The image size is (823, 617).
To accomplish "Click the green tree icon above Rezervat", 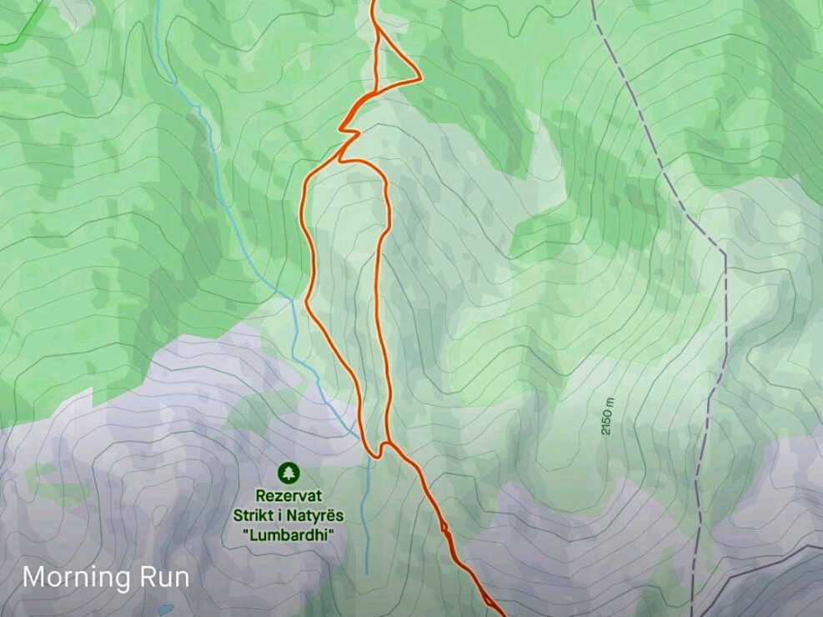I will (288, 474).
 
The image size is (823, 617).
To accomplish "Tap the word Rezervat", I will (288, 495).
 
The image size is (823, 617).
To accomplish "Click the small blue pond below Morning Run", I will (166, 609).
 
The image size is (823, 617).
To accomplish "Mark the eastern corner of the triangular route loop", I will (419, 78).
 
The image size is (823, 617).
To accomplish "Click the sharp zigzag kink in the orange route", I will (349, 131).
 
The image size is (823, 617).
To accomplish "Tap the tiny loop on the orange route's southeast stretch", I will (444, 527).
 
